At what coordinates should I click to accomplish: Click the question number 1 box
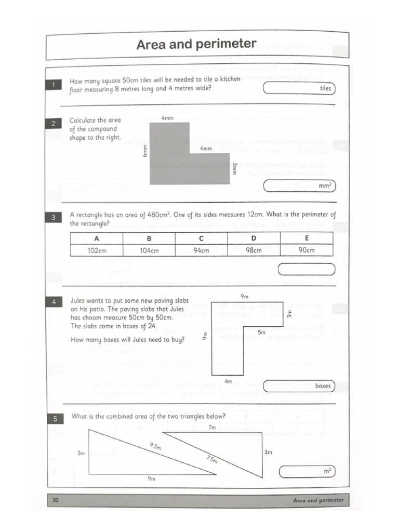click(x=55, y=84)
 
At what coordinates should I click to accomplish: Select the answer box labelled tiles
click(x=299, y=88)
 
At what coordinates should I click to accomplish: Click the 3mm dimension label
click(x=235, y=168)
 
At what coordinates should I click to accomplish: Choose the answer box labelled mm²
click(x=299, y=185)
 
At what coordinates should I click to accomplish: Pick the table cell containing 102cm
click(x=96, y=250)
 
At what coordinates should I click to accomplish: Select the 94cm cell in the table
click(x=201, y=250)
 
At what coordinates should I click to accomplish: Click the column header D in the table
click(x=254, y=238)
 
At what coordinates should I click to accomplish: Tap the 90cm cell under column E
click(x=307, y=250)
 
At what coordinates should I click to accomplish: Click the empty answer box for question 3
click(x=307, y=270)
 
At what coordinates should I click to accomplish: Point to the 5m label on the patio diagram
click(x=261, y=332)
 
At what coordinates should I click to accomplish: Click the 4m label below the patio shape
click(x=228, y=381)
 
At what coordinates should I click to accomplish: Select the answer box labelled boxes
click(x=299, y=386)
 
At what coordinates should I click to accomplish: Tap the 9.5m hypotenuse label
click(x=155, y=446)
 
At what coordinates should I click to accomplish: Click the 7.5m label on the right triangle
click(x=212, y=459)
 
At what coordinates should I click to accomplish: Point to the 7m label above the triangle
click(x=211, y=428)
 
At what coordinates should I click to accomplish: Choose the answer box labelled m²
click(x=307, y=471)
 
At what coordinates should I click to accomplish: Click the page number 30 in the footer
click(x=55, y=500)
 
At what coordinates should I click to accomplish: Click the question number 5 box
click(x=55, y=418)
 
